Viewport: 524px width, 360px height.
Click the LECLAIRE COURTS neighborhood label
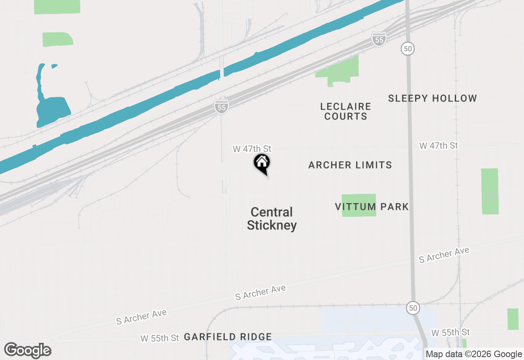click(x=346, y=111)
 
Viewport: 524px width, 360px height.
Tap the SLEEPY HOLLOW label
click(x=432, y=98)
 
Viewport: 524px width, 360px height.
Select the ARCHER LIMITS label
click(x=350, y=165)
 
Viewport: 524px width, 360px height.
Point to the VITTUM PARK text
click(x=372, y=207)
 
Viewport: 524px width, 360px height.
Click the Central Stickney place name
click(x=272, y=218)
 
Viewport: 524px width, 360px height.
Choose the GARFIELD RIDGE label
click(x=228, y=337)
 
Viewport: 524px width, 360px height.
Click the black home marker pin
click(x=262, y=163)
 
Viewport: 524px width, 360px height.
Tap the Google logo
click(x=28, y=350)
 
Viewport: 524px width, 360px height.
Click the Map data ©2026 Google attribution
click(x=474, y=354)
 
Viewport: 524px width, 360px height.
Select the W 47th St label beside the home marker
click(x=252, y=149)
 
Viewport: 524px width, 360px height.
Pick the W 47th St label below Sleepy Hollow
click(x=438, y=146)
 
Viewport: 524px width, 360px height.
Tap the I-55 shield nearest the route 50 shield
click(x=379, y=39)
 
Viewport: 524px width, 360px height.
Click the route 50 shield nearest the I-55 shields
click(x=407, y=49)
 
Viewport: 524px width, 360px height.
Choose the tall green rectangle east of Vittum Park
click(x=490, y=191)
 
